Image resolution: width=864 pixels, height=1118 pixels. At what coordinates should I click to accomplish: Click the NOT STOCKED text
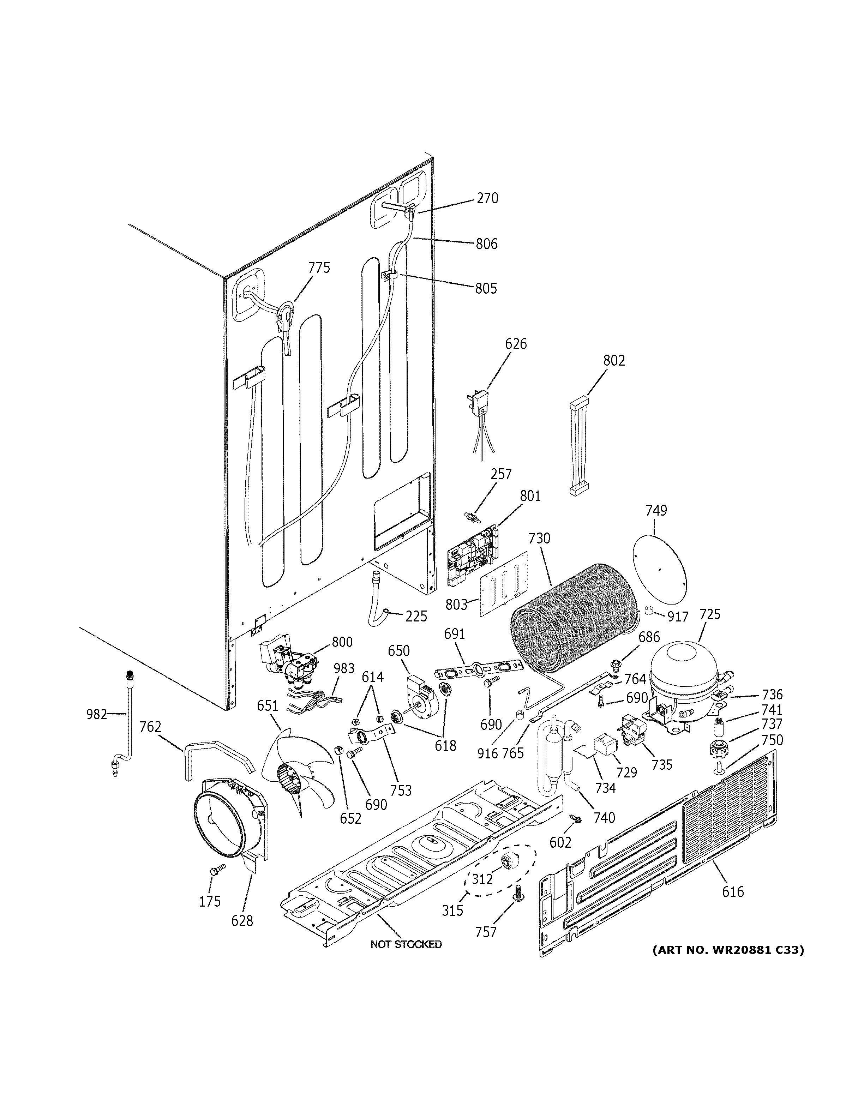pos(406,944)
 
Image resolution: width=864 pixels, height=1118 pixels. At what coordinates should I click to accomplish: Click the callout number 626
pos(515,344)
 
